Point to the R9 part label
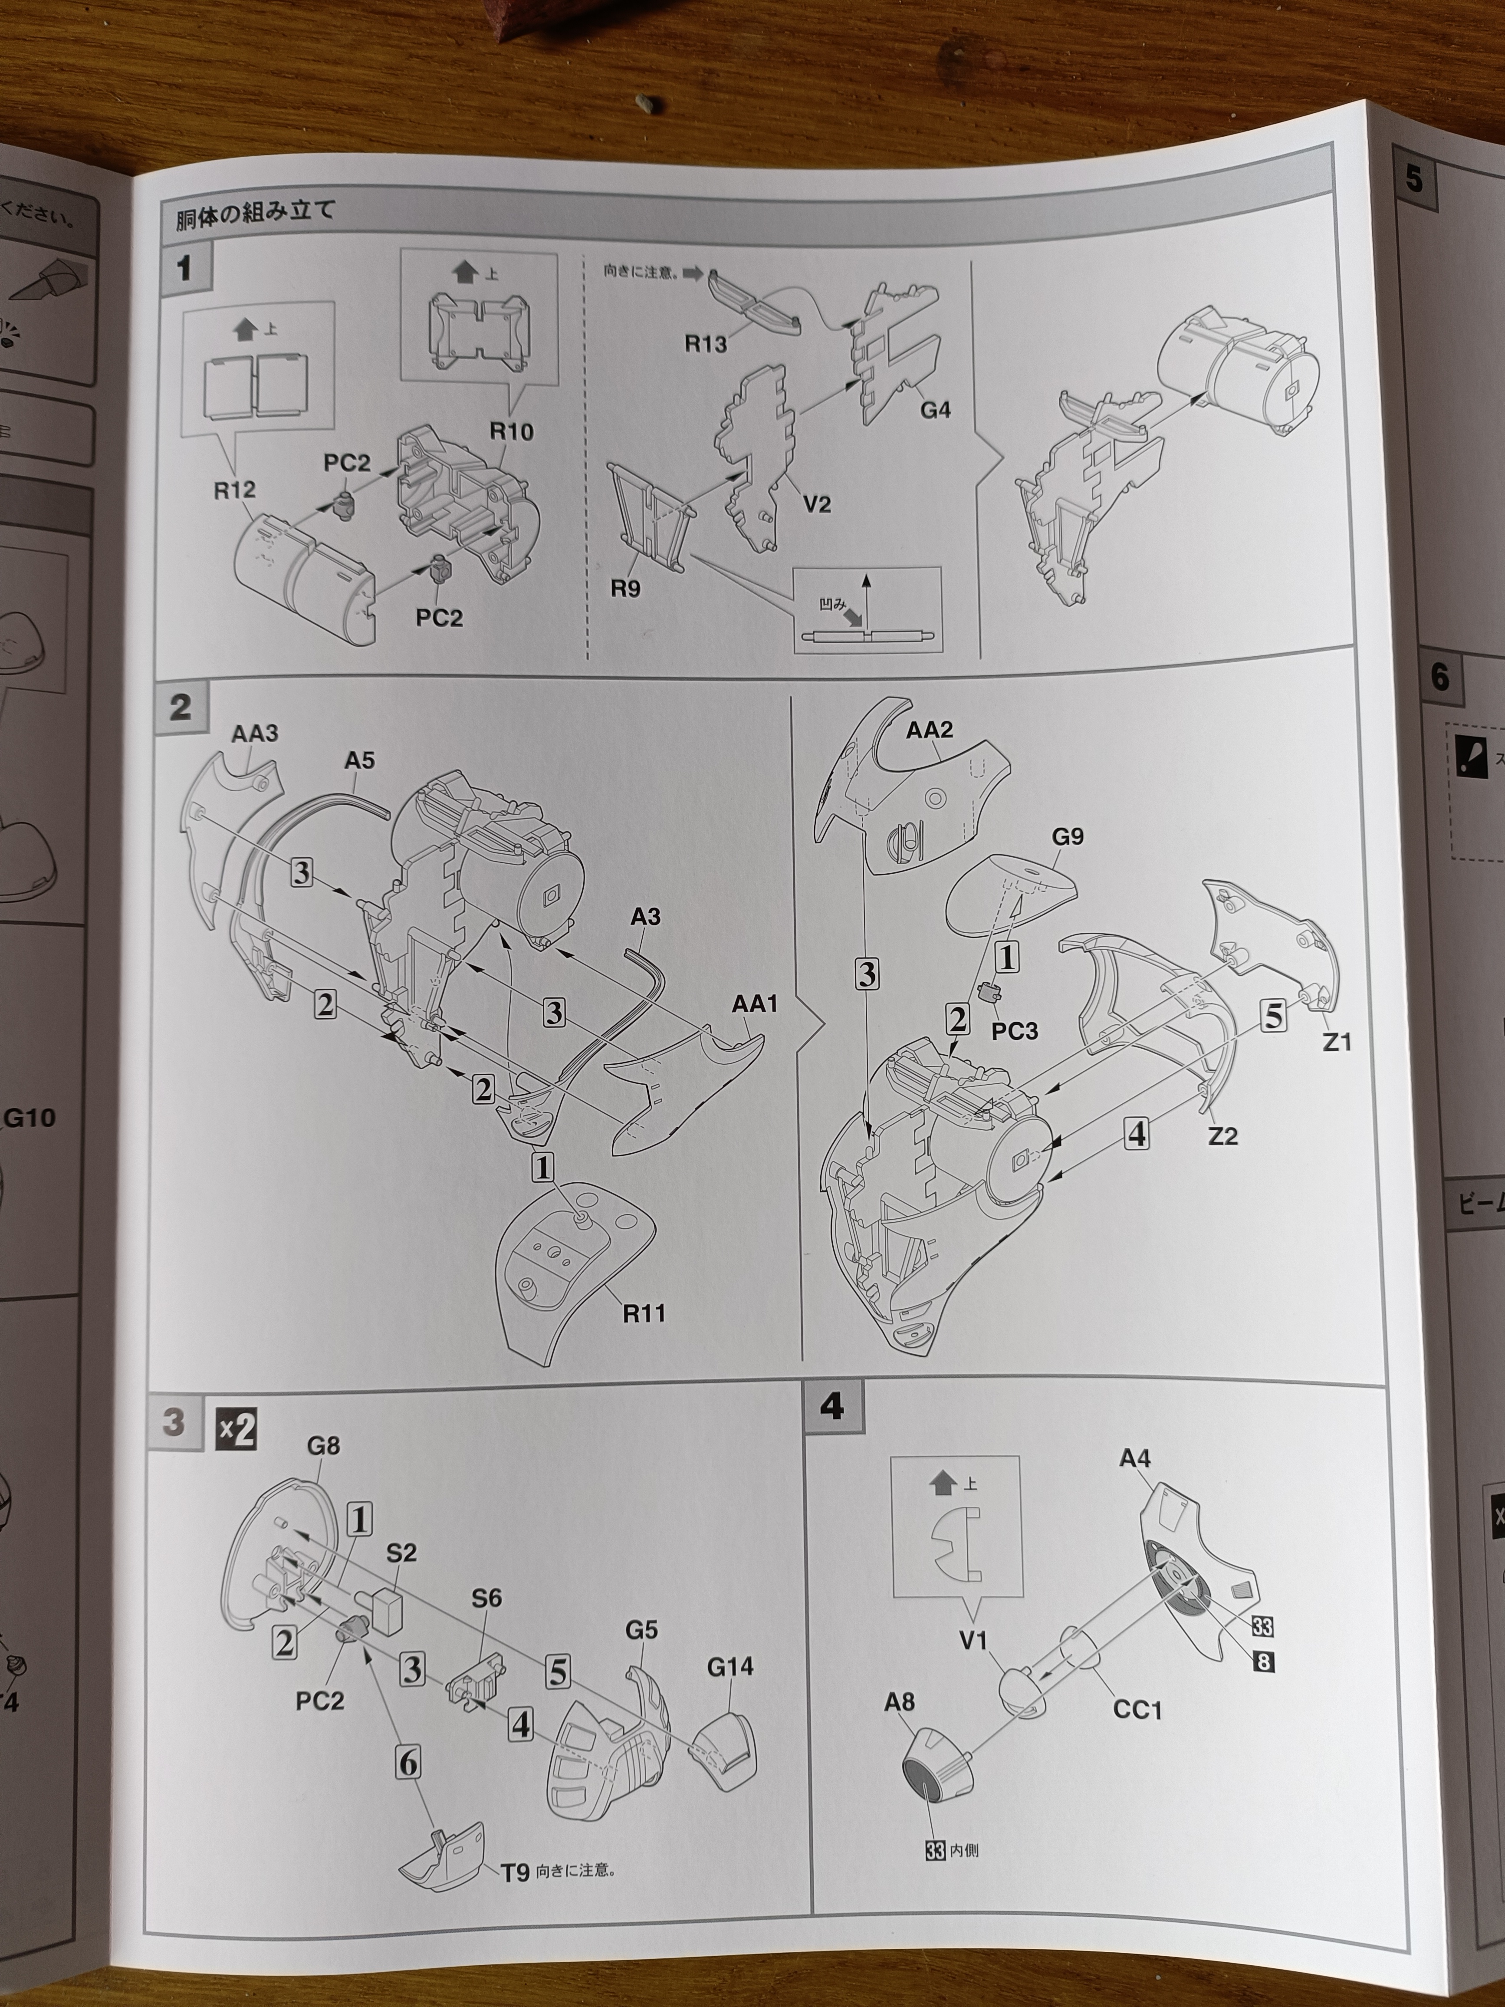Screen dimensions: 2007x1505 pyautogui.click(x=625, y=589)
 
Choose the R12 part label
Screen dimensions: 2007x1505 pyautogui.click(x=234, y=490)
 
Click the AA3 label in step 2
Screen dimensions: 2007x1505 pyautogui.click(x=254, y=733)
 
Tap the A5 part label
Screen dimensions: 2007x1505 pyautogui.click(x=359, y=760)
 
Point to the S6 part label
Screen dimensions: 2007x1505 pyautogui.click(x=486, y=1598)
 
